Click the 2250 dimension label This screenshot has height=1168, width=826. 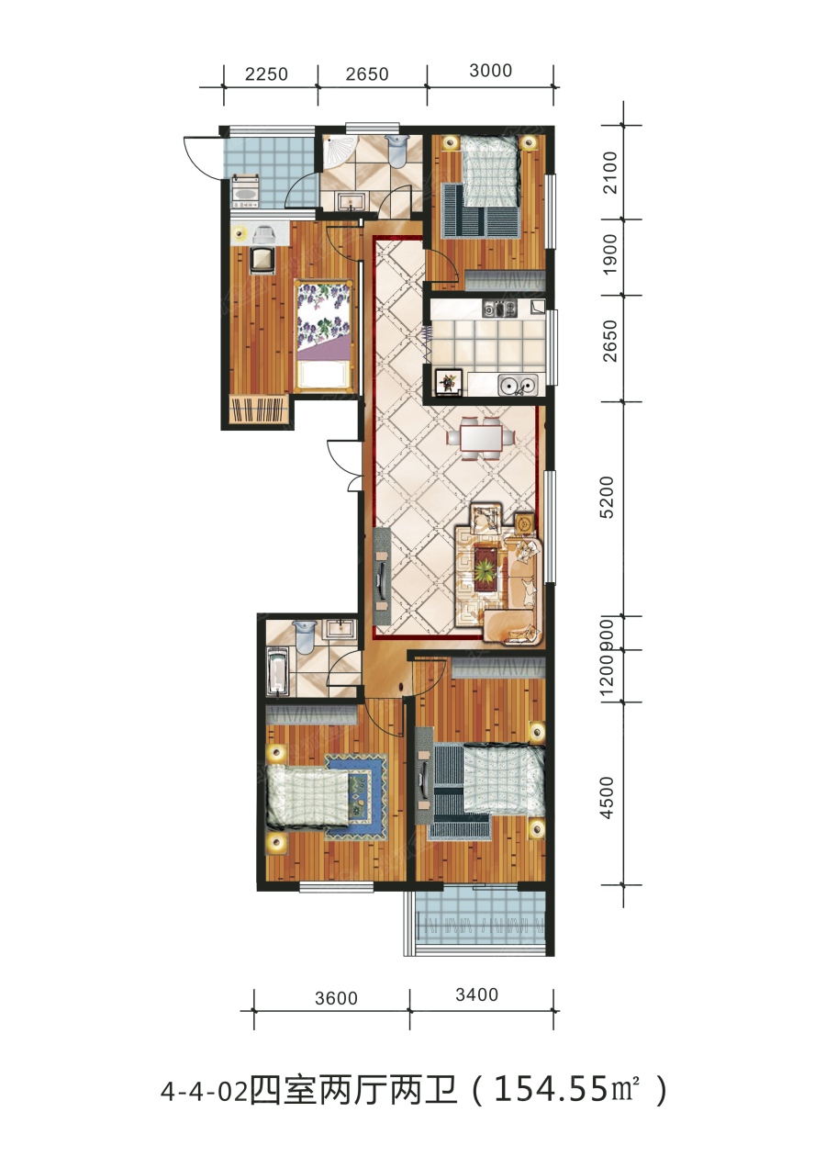(266, 74)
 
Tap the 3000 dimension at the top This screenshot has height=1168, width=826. (490, 71)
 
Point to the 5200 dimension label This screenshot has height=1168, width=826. (608, 497)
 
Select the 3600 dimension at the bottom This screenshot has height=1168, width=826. (336, 998)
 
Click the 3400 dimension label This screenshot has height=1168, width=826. (477, 994)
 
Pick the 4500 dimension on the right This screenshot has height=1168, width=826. (608, 798)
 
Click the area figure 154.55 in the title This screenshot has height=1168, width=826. (550, 1089)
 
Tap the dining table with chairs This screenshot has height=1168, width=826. (481, 437)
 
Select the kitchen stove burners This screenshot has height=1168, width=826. (499, 309)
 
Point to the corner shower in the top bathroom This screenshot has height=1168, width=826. (336, 152)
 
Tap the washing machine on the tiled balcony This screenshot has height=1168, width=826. (244, 190)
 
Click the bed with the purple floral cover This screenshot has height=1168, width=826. (323, 336)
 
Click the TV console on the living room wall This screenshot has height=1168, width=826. (383, 575)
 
